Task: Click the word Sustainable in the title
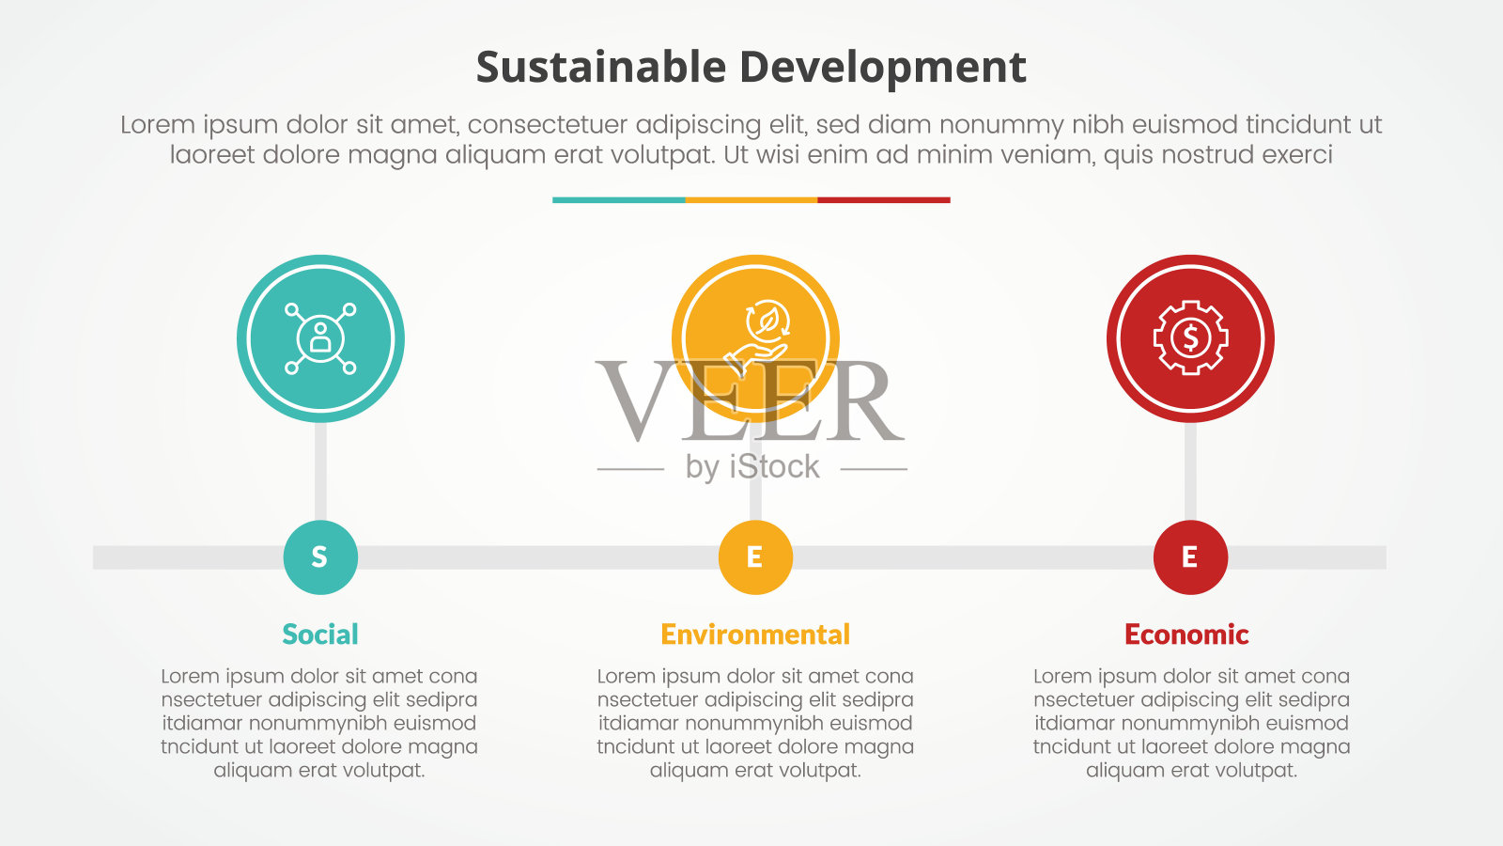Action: pyautogui.click(x=601, y=67)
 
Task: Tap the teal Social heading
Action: pyautogui.click(x=320, y=634)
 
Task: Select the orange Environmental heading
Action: pyautogui.click(x=755, y=634)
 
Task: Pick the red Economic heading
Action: pyautogui.click(x=1186, y=634)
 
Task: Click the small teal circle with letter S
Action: pyautogui.click(x=320, y=557)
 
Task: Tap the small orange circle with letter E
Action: pyautogui.click(x=755, y=557)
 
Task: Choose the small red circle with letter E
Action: pyautogui.click(x=1190, y=557)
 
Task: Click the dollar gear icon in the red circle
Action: pyautogui.click(x=1190, y=337)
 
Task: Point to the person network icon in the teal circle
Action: pyautogui.click(x=320, y=338)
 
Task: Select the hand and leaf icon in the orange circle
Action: pyautogui.click(x=756, y=337)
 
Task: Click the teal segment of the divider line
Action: pyautogui.click(x=619, y=200)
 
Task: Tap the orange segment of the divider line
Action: pyautogui.click(x=751, y=200)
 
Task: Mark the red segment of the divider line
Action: pyautogui.click(x=884, y=200)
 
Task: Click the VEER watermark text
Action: pyautogui.click(x=751, y=400)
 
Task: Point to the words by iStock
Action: pyautogui.click(x=752, y=467)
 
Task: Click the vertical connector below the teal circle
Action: pyautogui.click(x=320, y=471)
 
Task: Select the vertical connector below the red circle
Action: pyautogui.click(x=1190, y=471)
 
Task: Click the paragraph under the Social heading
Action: pyautogui.click(x=319, y=723)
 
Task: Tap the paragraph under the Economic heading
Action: pyautogui.click(x=1192, y=723)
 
